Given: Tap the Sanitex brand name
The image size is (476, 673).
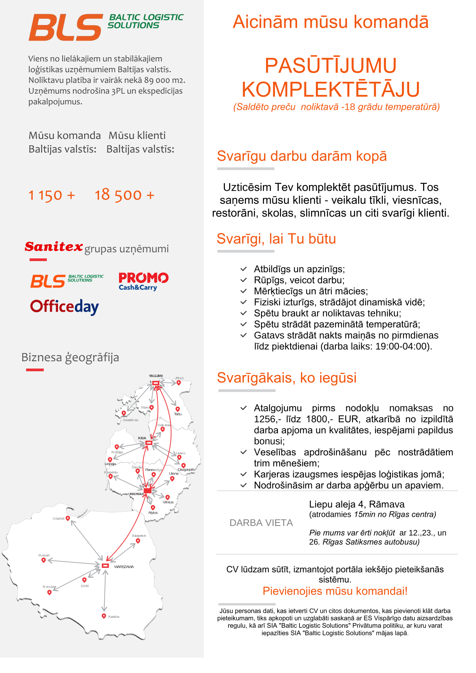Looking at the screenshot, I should pos(54,246).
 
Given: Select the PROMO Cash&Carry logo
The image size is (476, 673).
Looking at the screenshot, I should pos(143,281).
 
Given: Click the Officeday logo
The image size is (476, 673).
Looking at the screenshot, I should pos(64,307).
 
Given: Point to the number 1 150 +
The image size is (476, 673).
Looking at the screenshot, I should pos(51,195).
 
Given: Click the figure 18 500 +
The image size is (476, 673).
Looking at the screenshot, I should pos(124,195).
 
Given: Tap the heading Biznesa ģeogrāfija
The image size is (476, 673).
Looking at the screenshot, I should pos(70,357).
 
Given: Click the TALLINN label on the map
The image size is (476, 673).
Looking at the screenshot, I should pos(156,376).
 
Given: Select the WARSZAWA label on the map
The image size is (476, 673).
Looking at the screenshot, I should pos(124,567).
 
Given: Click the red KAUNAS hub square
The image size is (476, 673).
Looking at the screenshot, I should pos(147,491).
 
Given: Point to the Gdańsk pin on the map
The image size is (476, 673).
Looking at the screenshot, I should pos(68,518).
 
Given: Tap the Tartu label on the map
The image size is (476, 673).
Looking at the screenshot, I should pos(178,414).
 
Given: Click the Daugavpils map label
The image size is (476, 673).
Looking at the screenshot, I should pos(186,470).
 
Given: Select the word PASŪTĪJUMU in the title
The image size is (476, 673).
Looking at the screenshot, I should pos(331,65).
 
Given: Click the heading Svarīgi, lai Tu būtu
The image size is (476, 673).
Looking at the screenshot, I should pos(276,239).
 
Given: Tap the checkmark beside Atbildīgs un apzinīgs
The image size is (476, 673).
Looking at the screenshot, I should pos(243,269).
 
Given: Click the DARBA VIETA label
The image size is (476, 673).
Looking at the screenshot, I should pos(261,523).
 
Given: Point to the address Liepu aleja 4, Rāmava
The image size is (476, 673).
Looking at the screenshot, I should pos(357,504).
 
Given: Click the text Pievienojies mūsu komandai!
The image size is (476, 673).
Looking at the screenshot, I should pos(335,591).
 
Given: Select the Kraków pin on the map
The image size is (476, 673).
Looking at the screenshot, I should pos(104,616).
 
